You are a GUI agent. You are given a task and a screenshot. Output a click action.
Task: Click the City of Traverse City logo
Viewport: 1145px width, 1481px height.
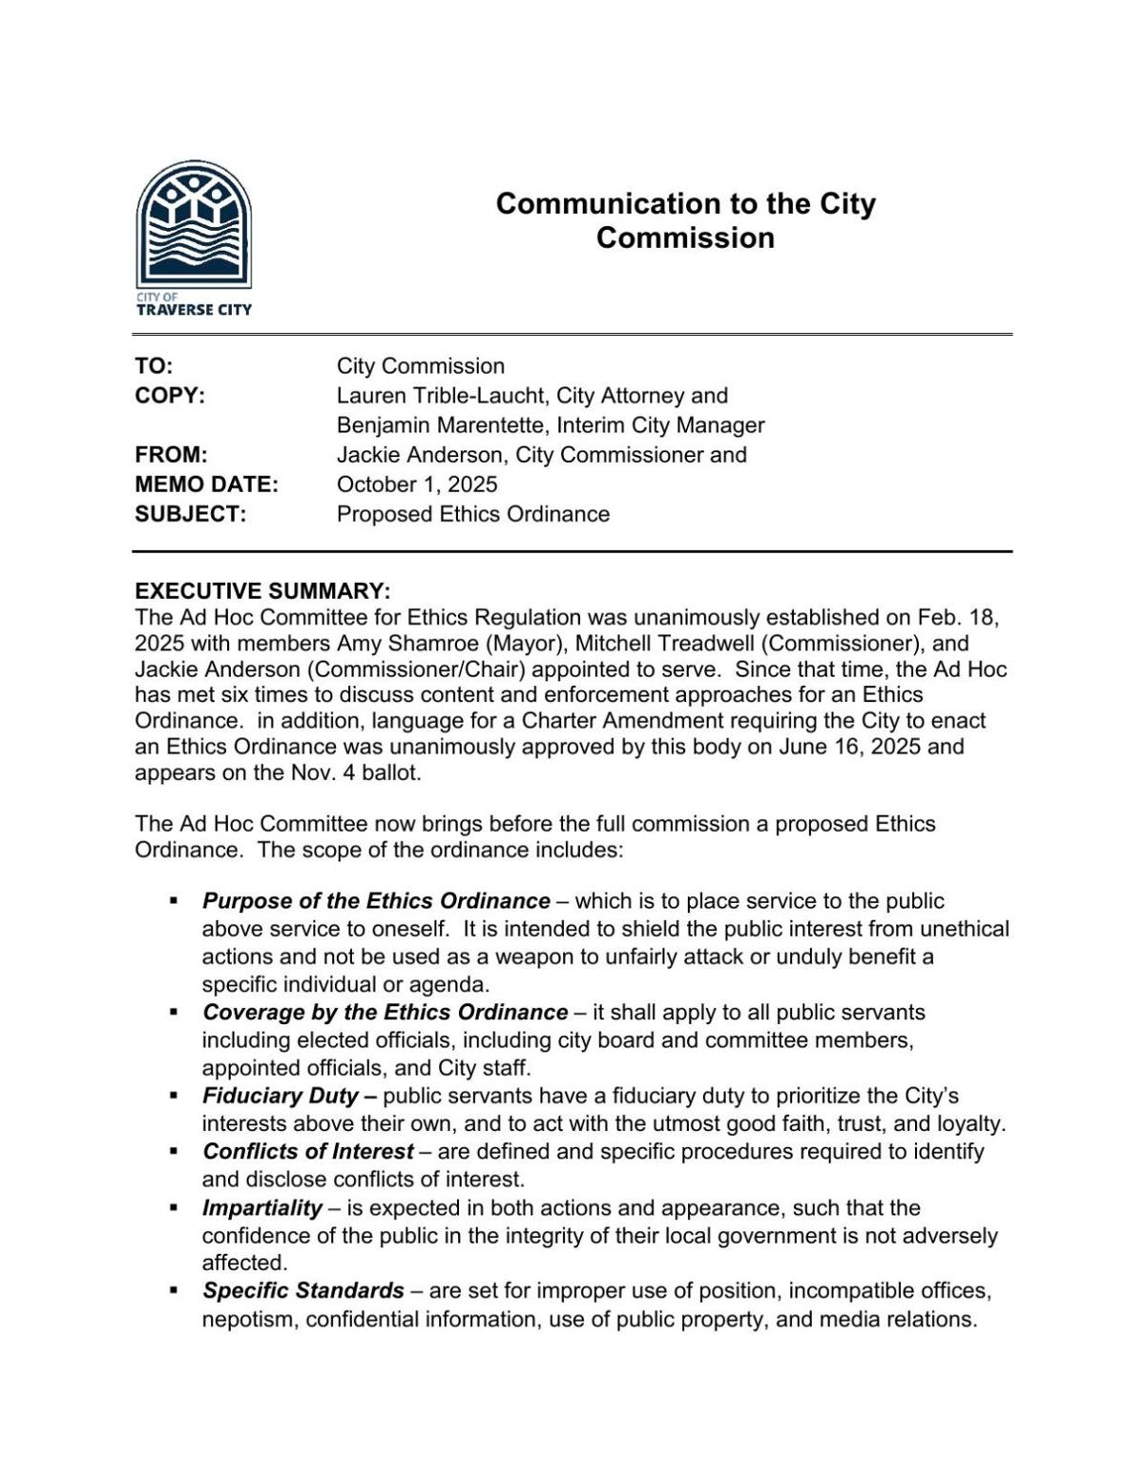tap(194, 237)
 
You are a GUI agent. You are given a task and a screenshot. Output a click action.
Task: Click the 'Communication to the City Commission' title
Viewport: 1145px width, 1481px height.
tap(685, 220)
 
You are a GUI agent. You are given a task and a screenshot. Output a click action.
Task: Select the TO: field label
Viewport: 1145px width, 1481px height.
tap(154, 366)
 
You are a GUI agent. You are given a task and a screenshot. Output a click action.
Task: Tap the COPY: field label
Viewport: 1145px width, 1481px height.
tap(170, 396)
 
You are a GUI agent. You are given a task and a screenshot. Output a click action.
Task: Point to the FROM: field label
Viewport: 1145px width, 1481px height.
tap(171, 455)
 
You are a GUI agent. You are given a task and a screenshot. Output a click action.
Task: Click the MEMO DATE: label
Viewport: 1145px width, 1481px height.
tap(206, 484)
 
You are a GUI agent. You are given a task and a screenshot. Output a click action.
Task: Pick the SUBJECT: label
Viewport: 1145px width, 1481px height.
tap(191, 514)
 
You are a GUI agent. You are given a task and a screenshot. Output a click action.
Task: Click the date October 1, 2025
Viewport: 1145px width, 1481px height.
tap(416, 484)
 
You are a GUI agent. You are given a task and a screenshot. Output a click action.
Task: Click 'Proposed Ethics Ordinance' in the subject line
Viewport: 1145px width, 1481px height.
tap(472, 514)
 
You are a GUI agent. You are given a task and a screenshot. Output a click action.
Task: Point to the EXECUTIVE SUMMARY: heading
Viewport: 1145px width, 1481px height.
tap(262, 590)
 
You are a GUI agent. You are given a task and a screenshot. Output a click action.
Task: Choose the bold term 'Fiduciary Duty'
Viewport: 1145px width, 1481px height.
tap(281, 1096)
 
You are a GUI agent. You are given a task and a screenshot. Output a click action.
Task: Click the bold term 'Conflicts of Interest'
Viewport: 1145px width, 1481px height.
tap(307, 1151)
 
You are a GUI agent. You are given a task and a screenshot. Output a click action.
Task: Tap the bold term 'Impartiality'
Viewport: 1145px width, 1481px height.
tap(261, 1207)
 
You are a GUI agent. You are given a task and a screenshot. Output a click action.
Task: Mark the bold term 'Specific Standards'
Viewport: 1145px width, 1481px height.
tap(302, 1291)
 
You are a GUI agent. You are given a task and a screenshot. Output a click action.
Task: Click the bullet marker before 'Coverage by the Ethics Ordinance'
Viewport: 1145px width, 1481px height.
tap(174, 1012)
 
